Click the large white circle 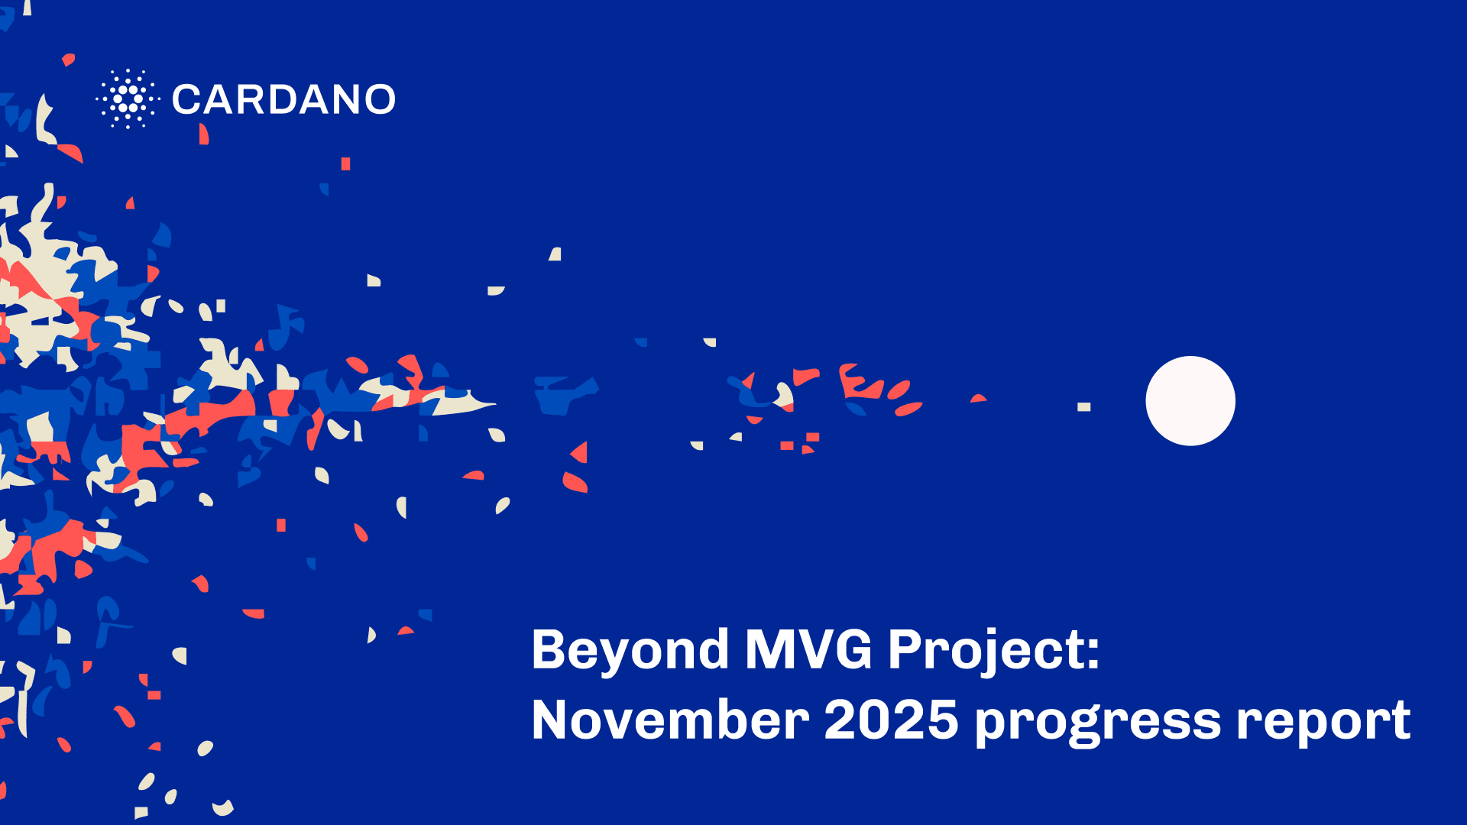tap(1190, 401)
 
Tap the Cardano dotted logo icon tap(128, 99)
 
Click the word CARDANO tap(283, 99)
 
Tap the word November tap(670, 720)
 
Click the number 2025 tap(891, 720)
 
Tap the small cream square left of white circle tap(1083, 407)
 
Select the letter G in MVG tap(850, 650)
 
